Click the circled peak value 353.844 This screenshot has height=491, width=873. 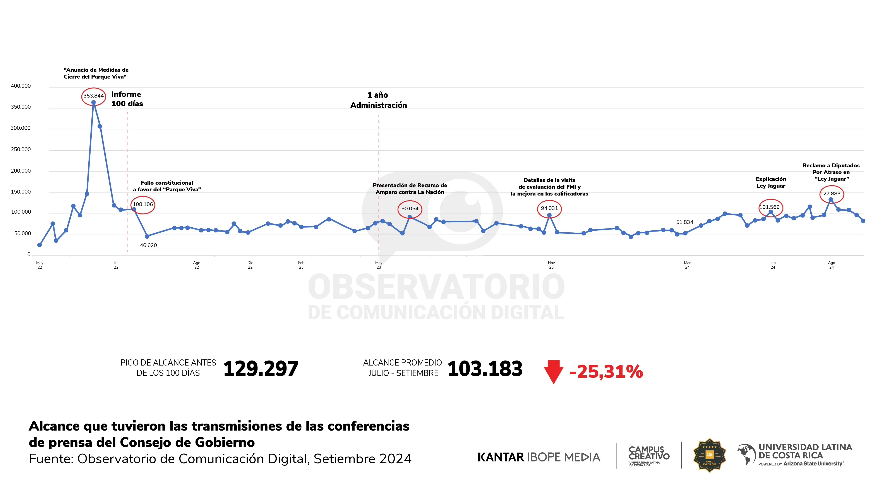[94, 96]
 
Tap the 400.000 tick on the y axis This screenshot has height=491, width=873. [21, 86]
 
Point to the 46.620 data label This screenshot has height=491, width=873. [148, 245]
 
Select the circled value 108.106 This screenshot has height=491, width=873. [143, 204]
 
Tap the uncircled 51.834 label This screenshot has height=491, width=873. [684, 222]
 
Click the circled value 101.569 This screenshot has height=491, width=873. [769, 207]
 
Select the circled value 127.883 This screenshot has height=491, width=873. [830, 194]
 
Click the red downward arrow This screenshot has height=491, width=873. [553, 371]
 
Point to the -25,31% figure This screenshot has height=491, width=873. [606, 372]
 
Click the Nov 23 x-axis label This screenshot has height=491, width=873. [551, 265]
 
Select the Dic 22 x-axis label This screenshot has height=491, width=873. [250, 265]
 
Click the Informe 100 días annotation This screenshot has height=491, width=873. [127, 99]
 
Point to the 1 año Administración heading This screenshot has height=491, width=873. [378, 100]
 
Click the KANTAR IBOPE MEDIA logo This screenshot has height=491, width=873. [539, 457]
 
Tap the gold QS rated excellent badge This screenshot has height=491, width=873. [709, 455]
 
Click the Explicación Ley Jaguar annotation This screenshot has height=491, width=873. [771, 182]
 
